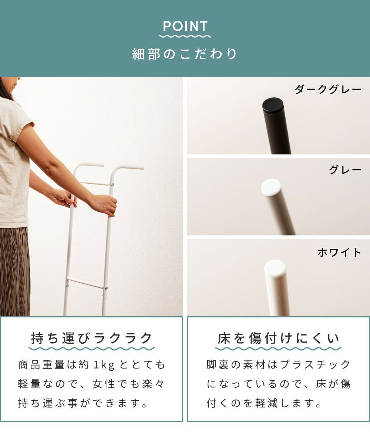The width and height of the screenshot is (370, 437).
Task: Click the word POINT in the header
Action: (x=185, y=26)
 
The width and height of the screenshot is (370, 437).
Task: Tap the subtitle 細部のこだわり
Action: (x=185, y=54)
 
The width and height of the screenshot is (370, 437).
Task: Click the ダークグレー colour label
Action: (x=328, y=90)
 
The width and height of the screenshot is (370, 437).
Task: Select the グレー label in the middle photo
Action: (x=345, y=170)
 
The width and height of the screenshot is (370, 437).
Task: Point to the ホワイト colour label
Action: (x=339, y=252)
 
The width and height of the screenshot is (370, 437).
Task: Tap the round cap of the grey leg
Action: (x=271, y=186)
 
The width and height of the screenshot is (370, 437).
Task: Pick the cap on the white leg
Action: (x=275, y=268)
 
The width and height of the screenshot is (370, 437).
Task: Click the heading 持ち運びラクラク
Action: (x=92, y=338)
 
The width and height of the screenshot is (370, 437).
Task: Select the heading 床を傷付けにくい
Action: (x=278, y=338)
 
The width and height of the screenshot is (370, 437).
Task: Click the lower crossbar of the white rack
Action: (x=85, y=283)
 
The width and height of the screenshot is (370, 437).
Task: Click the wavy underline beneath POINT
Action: (x=185, y=36)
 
